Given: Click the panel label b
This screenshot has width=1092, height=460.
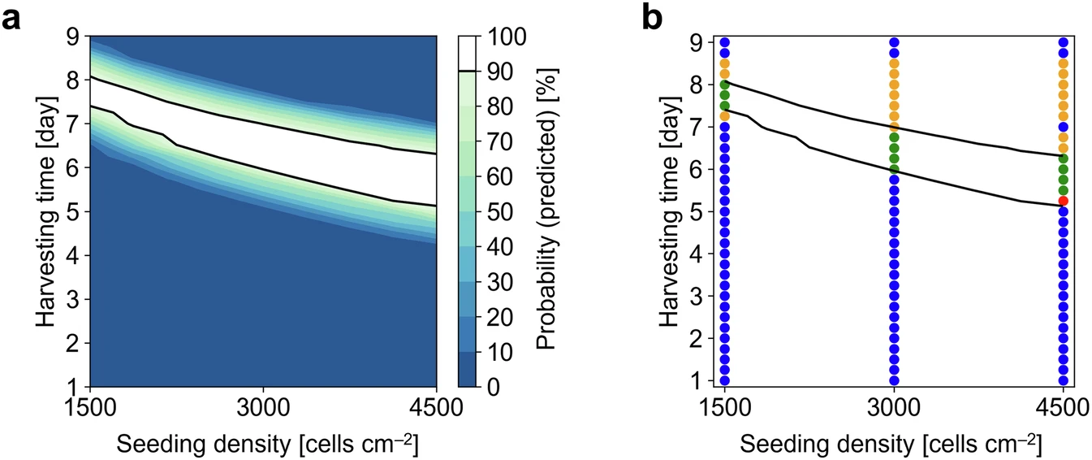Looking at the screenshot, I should click(652, 17).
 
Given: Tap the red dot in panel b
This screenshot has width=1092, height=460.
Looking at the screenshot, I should click(1063, 201).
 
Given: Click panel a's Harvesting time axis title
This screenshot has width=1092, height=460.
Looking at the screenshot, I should click(45, 211).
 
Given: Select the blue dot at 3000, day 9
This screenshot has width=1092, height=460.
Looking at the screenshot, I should click(894, 42).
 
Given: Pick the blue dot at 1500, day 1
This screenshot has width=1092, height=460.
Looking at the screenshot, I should click(724, 380).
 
